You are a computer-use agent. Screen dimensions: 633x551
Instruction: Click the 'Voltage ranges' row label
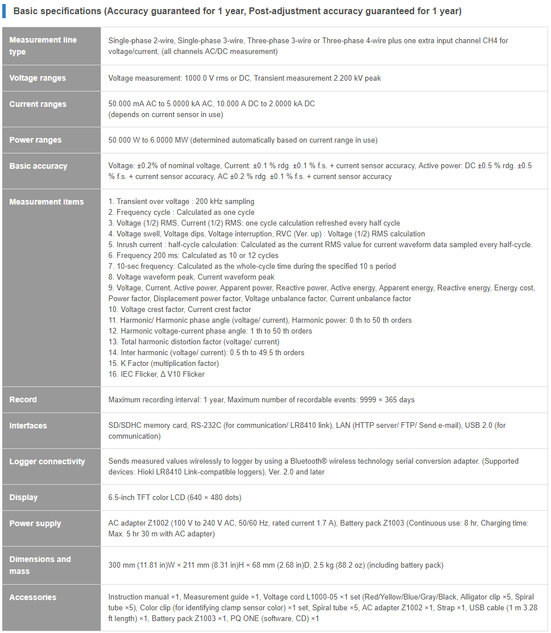[38, 78]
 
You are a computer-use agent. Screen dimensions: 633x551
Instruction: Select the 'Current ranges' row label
[38, 104]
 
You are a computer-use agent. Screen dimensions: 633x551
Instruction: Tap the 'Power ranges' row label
[35, 140]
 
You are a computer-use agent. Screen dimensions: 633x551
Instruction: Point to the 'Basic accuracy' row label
[38, 166]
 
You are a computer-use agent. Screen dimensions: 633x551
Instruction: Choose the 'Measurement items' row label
[46, 202]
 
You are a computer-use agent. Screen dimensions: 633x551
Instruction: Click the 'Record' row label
[23, 399]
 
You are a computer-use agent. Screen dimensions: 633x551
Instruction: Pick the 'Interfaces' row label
[28, 426]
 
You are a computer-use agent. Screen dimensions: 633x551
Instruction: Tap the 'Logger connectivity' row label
[47, 461]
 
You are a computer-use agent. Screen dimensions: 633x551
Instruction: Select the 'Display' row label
[23, 497]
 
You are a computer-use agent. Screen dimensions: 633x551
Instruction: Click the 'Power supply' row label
[35, 523]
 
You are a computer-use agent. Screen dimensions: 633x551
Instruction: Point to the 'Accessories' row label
[32, 597]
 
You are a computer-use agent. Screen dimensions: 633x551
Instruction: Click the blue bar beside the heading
[4, 11]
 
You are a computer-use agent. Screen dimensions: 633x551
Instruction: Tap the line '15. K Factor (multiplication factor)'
[164, 363]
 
